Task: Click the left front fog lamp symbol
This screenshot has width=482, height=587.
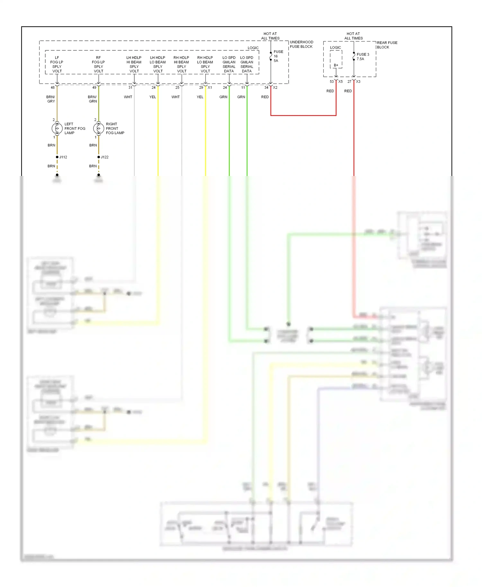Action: [x=57, y=128]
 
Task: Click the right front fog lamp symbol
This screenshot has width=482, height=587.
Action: [x=99, y=128]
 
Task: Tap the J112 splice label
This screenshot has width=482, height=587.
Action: [x=63, y=157]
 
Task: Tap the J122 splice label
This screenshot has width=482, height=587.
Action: [x=105, y=157]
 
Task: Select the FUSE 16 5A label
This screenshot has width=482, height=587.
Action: [x=278, y=56]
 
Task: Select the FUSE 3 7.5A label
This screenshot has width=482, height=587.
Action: [x=362, y=57]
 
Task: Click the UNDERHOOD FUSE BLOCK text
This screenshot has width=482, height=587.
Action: [x=301, y=44]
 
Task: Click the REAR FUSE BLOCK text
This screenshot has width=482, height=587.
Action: [x=387, y=45]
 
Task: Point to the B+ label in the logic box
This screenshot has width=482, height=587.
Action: [x=336, y=65]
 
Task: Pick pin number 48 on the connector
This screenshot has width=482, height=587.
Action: [x=53, y=87]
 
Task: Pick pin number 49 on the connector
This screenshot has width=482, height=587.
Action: [x=94, y=87]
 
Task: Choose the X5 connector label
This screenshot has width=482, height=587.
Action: [x=341, y=82]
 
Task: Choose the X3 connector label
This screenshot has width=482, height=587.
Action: [x=358, y=82]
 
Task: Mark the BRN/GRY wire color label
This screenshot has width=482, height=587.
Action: [x=51, y=99]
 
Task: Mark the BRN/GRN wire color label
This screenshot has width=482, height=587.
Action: [x=92, y=99]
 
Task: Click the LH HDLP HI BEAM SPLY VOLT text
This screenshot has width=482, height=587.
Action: [x=134, y=64]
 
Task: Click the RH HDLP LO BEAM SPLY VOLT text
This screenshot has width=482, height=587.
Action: [x=205, y=64]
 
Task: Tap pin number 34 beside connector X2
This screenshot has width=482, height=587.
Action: [x=266, y=87]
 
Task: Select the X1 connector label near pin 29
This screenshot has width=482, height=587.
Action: [x=210, y=87]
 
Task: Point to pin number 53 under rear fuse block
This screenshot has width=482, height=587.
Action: [x=332, y=82]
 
